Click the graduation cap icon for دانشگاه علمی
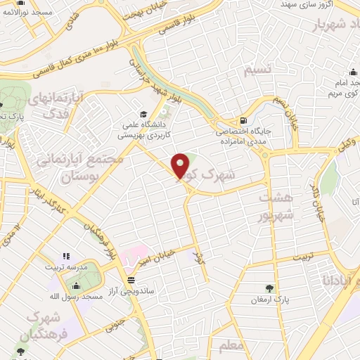point(143,114)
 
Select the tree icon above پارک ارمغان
point(269,288)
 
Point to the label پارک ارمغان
point(270,300)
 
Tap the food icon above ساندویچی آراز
point(131,278)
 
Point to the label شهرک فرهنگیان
point(34,327)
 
